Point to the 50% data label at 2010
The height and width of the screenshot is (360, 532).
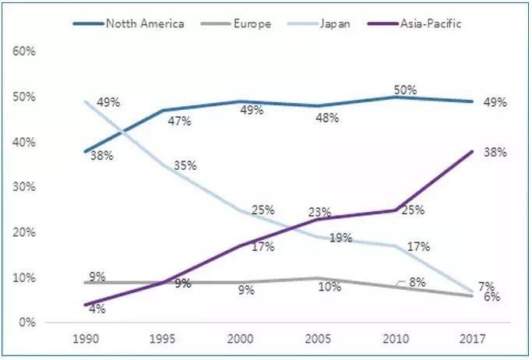404,90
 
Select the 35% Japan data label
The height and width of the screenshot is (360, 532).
185,166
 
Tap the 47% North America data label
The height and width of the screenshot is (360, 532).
181,121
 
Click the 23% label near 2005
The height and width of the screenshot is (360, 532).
319,211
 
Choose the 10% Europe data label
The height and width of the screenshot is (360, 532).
330,288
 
